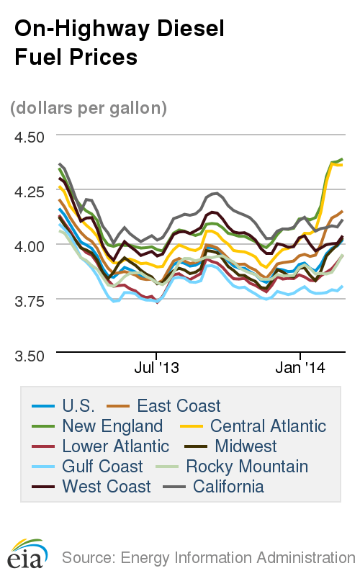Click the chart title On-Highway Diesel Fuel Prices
coord(120,42)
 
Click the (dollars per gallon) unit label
coord(89,108)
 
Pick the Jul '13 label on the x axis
coord(156,368)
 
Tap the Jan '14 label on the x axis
coord(300,368)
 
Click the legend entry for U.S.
coord(78,406)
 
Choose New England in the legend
coord(112,426)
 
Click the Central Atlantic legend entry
coord(268,426)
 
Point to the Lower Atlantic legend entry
coord(115,446)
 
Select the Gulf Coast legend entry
coord(102,467)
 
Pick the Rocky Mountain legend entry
coord(247,467)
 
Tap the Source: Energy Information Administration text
coord(208,557)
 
